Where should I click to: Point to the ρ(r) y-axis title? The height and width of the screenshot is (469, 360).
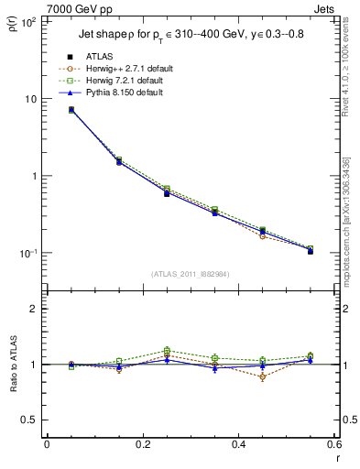pyautogui.click(x=12, y=27)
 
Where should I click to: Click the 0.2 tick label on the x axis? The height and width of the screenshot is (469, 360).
pyautogui.click(x=142, y=446)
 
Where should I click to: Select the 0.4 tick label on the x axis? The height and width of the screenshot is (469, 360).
pyautogui.click(x=238, y=446)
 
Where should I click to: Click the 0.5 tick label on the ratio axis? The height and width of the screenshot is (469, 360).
pyautogui.click(x=31, y=420)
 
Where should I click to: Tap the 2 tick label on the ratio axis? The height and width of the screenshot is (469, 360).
pyautogui.click(x=35, y=309)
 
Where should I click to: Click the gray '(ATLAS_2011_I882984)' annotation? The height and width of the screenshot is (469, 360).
pyautogui.click(x=190, y=273)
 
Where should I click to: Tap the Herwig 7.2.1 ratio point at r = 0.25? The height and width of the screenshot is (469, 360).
pyautogui.click(x=167, y=350)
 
